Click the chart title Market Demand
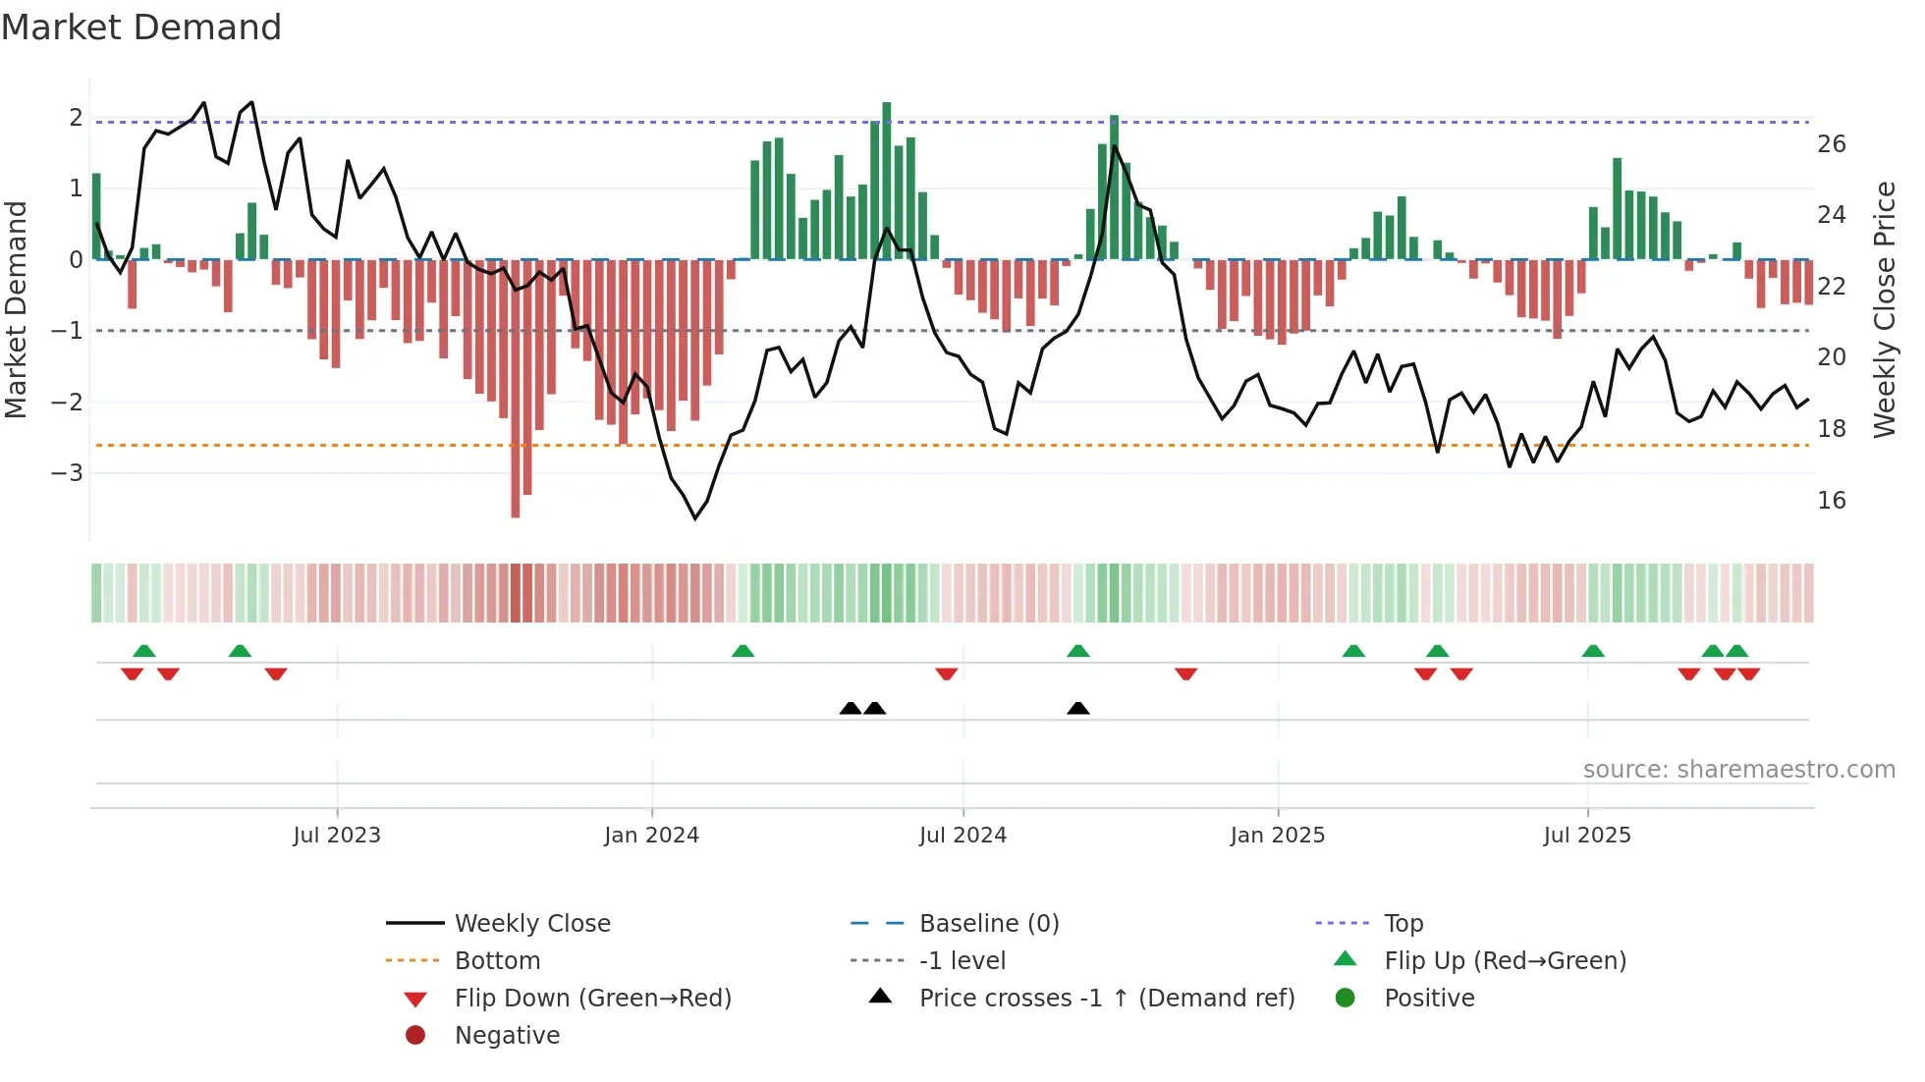(x=141, y=27)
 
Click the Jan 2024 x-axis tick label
(x=651, y=836)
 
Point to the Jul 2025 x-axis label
(x=1586, y=836)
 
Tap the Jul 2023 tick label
(x=336, y=836)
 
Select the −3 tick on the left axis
(x=67, y=473)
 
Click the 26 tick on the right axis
(x=1831, y=144)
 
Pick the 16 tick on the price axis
(x=1831, y=501)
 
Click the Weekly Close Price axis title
(x=1884, y=309)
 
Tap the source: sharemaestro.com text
(x=1738, y=770)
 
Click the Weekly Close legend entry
(x=531, y=924)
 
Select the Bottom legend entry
(x=497, y=961)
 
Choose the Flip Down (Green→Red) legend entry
(x=592, y=999)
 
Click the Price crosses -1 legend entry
(x=1107, y=999)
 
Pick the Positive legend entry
(x=1429, y=999)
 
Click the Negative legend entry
(x=507, y=1036)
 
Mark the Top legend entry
(x=1403, y=924)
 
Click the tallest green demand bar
(x=886, y=182)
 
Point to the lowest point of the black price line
(x=695, y=517)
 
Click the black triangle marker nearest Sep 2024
(x=1077, y=709)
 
